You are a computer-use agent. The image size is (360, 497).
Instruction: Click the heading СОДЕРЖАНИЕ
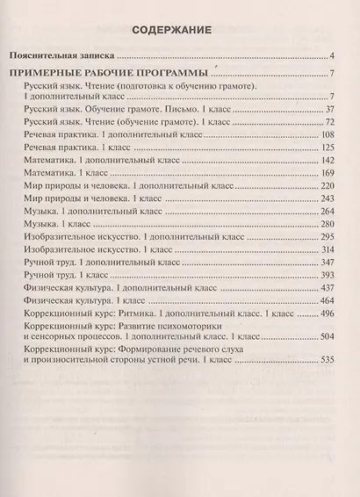(179, 30)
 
